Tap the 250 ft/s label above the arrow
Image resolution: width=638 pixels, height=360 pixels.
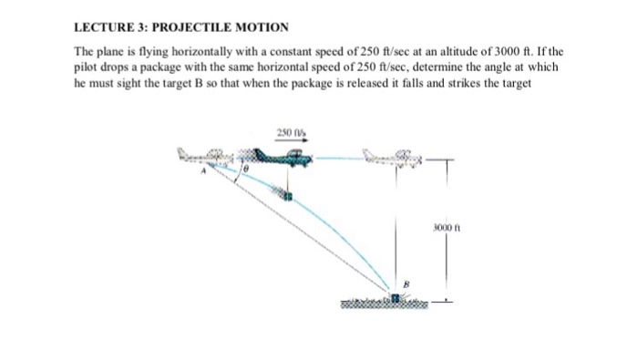click(288, 134)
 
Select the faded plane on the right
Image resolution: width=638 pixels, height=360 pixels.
click(395, 159)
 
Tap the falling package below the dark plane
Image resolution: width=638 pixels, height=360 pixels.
click(286, 195)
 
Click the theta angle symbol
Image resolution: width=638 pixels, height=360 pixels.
click(244, 170)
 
